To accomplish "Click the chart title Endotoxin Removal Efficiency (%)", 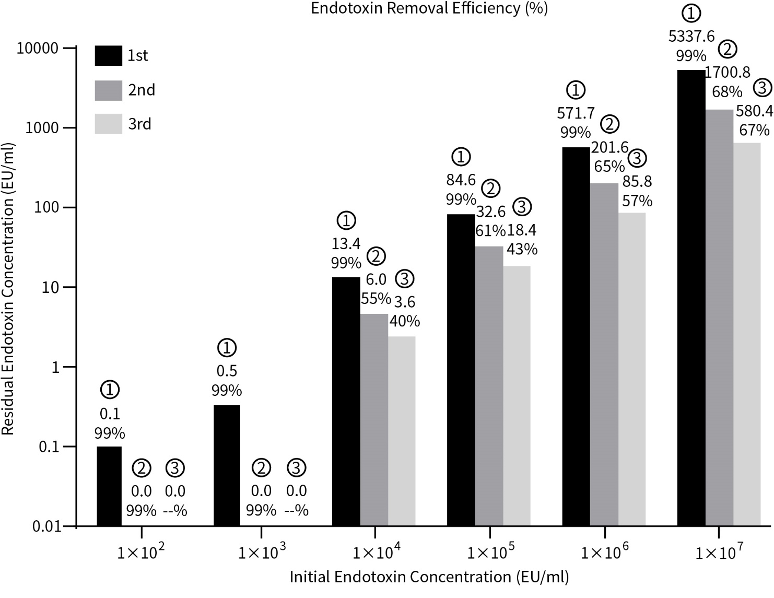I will (429, 8).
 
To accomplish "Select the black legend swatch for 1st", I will (108, 55).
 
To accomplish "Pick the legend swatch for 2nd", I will (108, 90).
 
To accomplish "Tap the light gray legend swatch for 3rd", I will (108, 124).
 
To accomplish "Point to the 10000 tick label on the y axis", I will (38, 48).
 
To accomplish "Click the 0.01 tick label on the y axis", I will (47, 526).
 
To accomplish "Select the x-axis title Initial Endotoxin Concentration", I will (429, 577).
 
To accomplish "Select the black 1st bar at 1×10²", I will (109, 486).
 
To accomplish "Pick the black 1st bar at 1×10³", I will (227, 465).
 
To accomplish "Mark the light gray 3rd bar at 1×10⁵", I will (517, 396).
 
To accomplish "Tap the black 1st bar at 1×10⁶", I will (576, 336).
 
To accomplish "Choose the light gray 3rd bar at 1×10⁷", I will (746, 334).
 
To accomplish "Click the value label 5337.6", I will (691, 36).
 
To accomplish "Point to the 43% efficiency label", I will (522, 249).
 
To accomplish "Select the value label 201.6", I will (609, 148).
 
